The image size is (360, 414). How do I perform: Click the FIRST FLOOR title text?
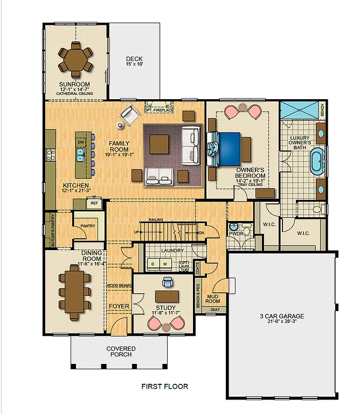click(x=164, y=387)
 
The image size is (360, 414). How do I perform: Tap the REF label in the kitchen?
click(x=94, y=203)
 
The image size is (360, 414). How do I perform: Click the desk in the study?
click(x=167, y=296)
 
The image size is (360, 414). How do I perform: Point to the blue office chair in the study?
click(x=168, y=282)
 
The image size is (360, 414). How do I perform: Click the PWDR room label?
click(x=236, y=234)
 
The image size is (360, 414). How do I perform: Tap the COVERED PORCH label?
click(x=121, y=351)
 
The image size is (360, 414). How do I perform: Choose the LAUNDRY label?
click(x=172, y=251)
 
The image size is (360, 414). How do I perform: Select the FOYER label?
click(x=119, y=306)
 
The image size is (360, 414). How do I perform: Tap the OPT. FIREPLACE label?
click(x=162, y=110)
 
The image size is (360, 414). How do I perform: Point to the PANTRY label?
click(x=88, y=226)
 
